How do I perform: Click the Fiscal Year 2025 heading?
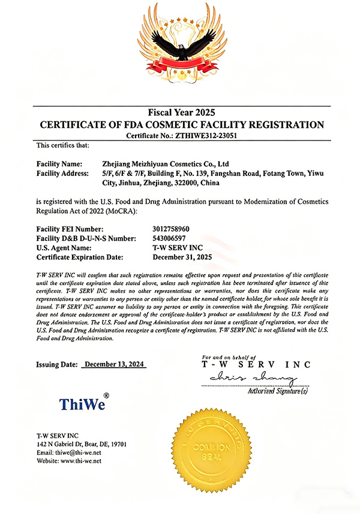pos(181,112)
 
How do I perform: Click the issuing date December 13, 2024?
pos(114,364)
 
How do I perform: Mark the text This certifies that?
pos(62,145)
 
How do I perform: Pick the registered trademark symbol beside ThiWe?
pos(106,395)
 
